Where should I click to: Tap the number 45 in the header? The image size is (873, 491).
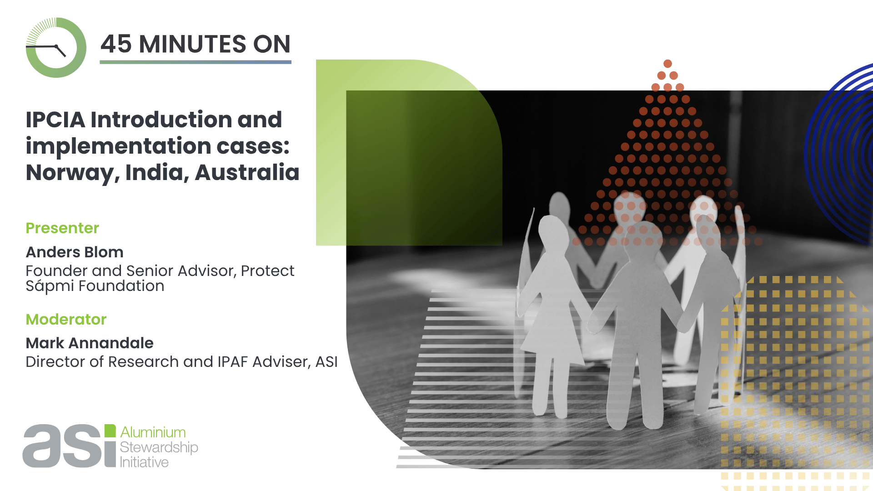click(x=116, y=44)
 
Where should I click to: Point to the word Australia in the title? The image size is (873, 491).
click(x=247, y=172)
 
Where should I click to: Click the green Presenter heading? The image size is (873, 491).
click(x=62, y=228)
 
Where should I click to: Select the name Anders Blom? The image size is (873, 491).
click(x=75, y=252)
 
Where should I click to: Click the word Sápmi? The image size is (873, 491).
click(x=50, y=286)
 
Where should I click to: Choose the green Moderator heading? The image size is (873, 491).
click(x=66, y=319)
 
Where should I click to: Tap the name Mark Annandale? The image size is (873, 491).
click(x=90, y=343)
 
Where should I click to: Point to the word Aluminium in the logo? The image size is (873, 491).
click(x=153, y=432)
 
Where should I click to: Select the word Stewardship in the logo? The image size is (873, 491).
click(x=159, y=447)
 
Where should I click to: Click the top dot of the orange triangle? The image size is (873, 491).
click(x=667, y=64)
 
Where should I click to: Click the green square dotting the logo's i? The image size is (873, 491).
click(x=110, y=431)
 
